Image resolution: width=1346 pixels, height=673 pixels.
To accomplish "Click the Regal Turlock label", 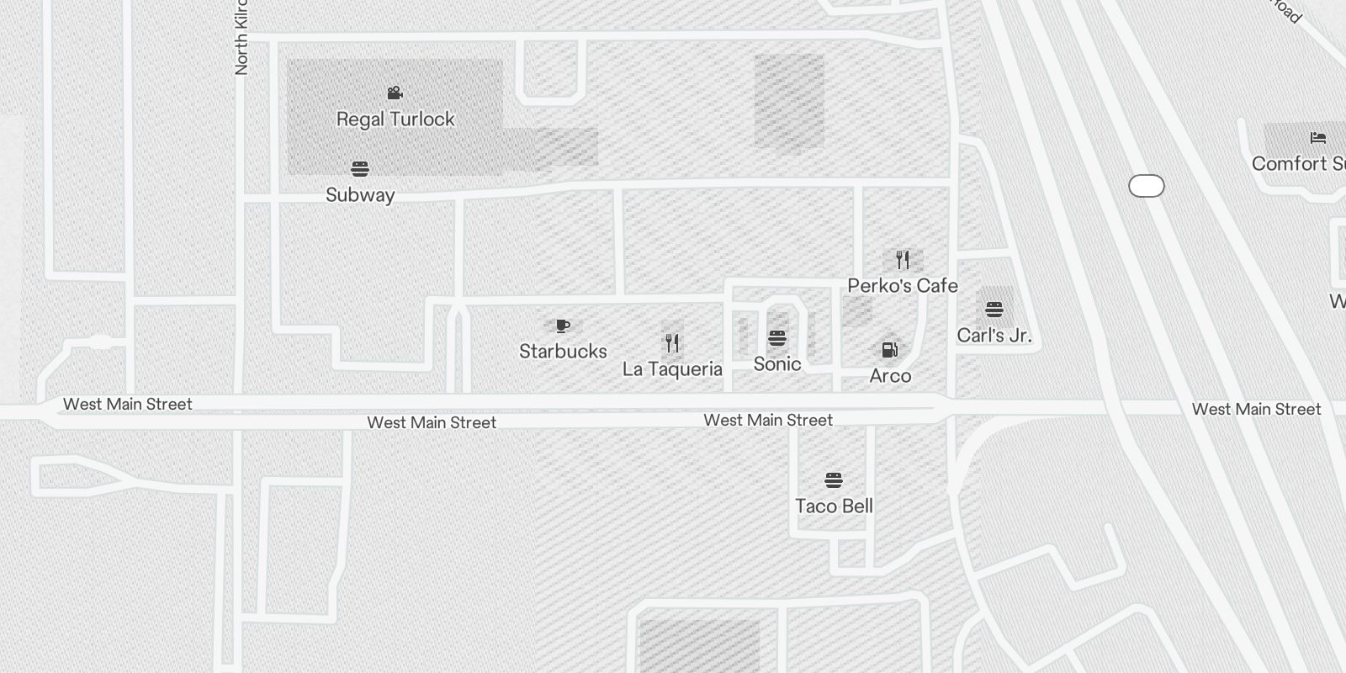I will click(x=395, y=119).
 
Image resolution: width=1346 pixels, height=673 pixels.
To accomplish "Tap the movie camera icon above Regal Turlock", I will click(x=395, y=93).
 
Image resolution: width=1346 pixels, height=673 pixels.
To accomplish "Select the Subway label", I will click(x=360, y=195).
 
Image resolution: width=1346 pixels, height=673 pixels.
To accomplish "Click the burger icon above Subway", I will click(x=360, y=169).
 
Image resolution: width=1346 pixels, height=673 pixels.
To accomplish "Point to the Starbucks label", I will click(x=563, y=352).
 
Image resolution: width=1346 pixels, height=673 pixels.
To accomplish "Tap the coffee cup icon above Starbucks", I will click(x=563, y=326).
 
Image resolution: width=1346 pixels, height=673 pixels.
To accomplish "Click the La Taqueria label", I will click(x=672, y=369).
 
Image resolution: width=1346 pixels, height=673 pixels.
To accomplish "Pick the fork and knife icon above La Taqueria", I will click(x=672, y=343).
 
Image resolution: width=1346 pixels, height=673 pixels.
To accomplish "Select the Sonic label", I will click(x=777, y=364).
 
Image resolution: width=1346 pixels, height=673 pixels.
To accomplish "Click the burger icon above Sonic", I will click(x=777, y=338).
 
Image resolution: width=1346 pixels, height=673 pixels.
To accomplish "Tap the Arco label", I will click(x=890, y=376).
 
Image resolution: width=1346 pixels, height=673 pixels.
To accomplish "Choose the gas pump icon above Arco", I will click(x=889, y=350).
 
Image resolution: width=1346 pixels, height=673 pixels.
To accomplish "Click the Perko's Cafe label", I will click(x=903, y=286).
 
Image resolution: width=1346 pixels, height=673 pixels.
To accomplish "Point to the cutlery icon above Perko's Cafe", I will click(x=903, y=259).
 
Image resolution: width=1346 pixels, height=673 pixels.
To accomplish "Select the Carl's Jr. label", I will click(x=994, y=336).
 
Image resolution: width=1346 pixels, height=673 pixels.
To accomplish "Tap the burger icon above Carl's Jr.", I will click(x=994, y=310).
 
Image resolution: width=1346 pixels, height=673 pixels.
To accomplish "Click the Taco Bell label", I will click(x=834, y=506).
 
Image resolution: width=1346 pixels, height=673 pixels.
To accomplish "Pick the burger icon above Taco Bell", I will click(x=834, y=480).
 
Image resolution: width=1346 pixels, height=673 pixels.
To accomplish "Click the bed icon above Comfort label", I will click(x=1317, y=138).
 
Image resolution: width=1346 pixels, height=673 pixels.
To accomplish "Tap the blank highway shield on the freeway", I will click(x=1146, y=186).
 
